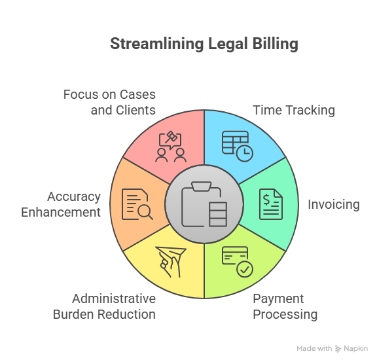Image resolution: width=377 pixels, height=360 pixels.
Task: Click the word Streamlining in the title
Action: (157, 44)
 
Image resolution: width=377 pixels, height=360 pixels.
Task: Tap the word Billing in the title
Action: (276, 44)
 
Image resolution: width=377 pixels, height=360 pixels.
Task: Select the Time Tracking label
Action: (294, 111)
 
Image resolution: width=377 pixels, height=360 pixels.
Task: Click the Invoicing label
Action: (334, 205)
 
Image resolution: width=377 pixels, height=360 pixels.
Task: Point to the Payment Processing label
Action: (285, 306)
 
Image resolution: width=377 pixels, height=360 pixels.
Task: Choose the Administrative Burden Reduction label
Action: (104, 306)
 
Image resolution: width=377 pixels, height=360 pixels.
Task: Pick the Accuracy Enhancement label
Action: (61, 204)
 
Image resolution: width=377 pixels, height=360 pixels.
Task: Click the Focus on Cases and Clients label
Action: (110, 102)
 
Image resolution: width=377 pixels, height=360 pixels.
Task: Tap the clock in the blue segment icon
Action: (245, 153)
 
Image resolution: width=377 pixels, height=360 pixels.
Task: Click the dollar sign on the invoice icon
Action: (266, 200)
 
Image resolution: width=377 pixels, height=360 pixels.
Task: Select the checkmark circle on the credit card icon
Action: (245, 269)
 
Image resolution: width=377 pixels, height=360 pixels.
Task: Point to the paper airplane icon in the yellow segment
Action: (171, 262)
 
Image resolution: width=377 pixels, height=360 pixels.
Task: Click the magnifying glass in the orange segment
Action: (145, 213)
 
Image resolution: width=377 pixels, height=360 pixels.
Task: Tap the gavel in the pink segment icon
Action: (171, 137)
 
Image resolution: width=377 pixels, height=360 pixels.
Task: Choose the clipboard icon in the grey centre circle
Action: (204, 204)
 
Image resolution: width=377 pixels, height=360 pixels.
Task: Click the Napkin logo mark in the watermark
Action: (338, 349)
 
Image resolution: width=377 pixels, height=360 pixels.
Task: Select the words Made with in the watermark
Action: (314, 348)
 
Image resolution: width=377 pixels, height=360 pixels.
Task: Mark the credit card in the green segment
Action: (235, 255)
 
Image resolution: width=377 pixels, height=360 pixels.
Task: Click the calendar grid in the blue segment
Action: (235, 142)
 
